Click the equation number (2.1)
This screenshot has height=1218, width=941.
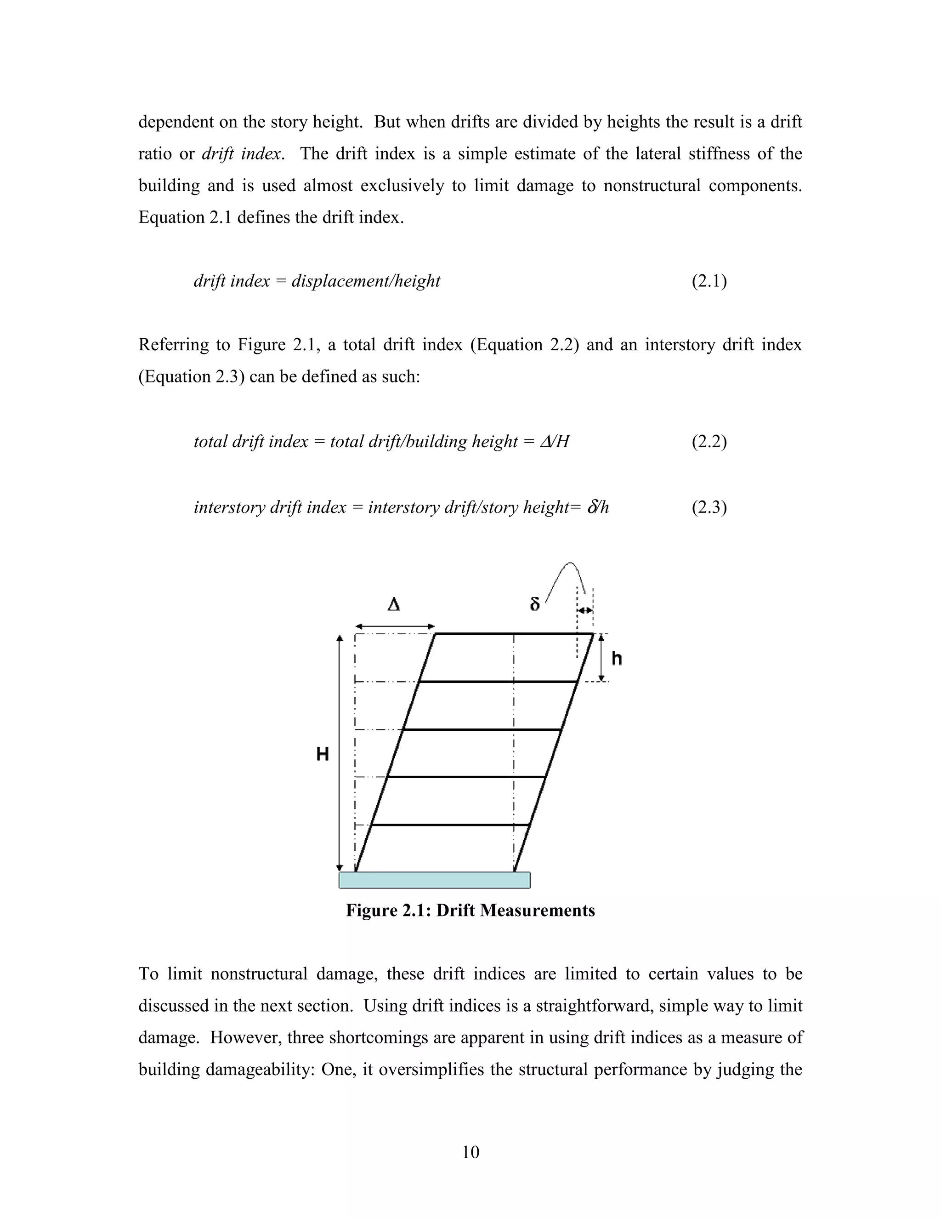(x=709, y=282)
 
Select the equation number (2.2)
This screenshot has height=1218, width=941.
(x=709, y=442)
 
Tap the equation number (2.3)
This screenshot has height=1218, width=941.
(x=709, y=507)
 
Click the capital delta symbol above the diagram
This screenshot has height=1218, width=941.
(x=394, y=604)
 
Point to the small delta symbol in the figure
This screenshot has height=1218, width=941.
(x=535, y=604)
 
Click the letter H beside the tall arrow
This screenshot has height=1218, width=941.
(x=322, y=755)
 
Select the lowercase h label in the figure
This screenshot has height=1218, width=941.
(x=617, y=659)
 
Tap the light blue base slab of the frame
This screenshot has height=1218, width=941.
(x=434, y=880)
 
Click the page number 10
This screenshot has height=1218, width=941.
(x=470, y=1152)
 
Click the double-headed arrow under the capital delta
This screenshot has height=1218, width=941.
(x=395, y=627)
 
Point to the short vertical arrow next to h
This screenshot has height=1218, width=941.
(x=601, y=658)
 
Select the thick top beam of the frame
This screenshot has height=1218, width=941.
(x=513, y=634)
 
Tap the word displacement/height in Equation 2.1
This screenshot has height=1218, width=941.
(x=366, y=282)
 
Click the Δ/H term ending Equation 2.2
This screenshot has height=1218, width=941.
(x=555, y=442)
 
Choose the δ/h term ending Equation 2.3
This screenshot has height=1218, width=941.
(x=598, y=507)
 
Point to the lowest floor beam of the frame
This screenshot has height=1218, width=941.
(x=450, y=825)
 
